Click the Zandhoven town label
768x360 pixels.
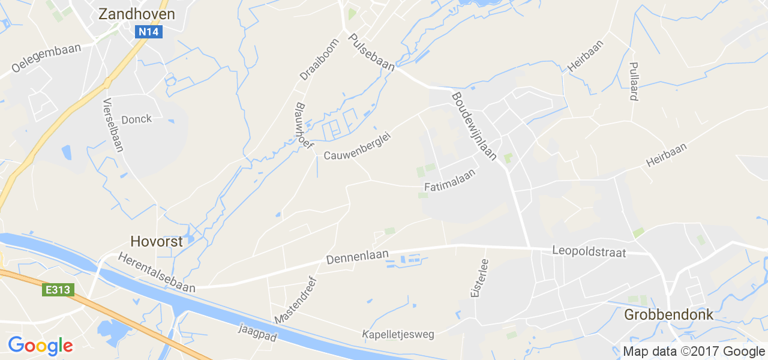pyautogui.click(x=137, y=14)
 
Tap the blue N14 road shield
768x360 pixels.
pyautogui.click(x=148, y=32)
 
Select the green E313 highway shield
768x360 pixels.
pyautogui.click(x=58, y=290)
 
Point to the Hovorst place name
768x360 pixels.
pyautogui.click(x=153, y=241)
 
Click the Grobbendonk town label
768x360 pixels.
pyautogui.click(x=669, y=314)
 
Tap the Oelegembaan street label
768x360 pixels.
pyautogui.click(x=46, y=59)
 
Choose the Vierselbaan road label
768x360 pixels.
pyautogui.click(x=113, y=125)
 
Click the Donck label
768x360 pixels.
pyautogui.click(x=136, y=119)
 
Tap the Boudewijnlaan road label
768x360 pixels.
pyautogui.click(x=474, y=126)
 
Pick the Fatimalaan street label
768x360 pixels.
pyautogui.click(x=449, y=180)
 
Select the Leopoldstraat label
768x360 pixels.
pyautogui.click(x=589, y=253)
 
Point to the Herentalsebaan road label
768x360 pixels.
pyautogui.click(x=157, y=272)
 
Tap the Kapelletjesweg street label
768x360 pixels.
pyautogui.click(x=398, y=334)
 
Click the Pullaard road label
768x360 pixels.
pyautogui.click(x=633, y=81)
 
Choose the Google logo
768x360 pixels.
pyautogui.click(x=40, y=346)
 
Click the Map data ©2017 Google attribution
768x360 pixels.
pyautogui.click(x=694, y=352)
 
